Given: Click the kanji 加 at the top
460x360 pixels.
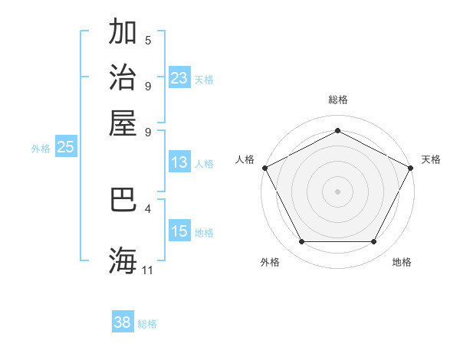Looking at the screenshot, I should click(123, 33).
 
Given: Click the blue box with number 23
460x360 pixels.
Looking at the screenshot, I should click(179, 78).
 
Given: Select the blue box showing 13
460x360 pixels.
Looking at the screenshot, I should click(179, 162).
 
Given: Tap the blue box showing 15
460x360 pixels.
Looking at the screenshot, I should click(179, 231).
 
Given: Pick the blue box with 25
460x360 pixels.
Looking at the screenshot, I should click(66, 148).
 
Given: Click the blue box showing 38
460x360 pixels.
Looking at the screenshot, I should click(123, 322).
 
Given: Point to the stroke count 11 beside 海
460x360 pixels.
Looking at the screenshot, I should click(148, 270).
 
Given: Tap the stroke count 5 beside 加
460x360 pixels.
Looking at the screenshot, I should click(148, 41).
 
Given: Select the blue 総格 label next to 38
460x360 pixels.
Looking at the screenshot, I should click(147, 324).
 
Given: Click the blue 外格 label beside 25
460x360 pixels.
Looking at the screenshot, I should click(41, 149).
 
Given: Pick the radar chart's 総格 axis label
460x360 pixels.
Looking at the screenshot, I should click(337, 100).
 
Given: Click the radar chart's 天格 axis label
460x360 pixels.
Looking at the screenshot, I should click(431, 159).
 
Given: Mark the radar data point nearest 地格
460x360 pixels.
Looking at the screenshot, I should click(373, 242).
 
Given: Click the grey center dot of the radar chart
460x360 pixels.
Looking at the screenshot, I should click(337, 191).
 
